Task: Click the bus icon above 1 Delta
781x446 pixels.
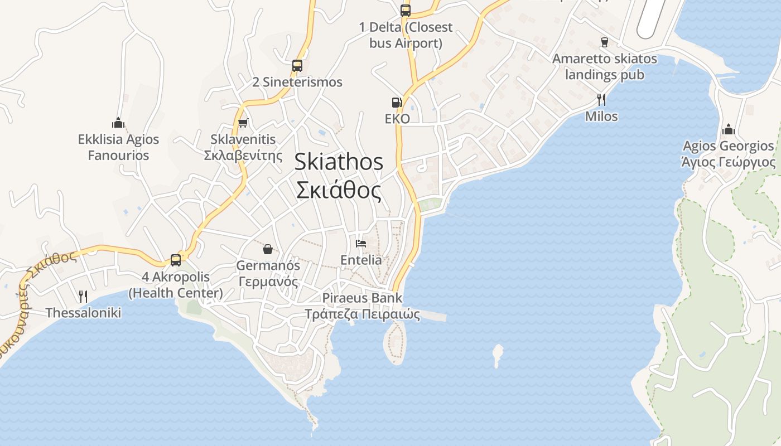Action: coord(406,10)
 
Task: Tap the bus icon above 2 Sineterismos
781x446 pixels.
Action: coord(297,65)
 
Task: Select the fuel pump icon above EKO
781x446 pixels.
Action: coord(397,102)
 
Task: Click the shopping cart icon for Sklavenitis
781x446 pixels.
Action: coord(243,123)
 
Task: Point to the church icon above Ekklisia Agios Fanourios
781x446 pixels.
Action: coord(118,123)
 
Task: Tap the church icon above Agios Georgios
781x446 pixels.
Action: coord(729,130)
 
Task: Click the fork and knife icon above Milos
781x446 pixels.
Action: coord(601,100)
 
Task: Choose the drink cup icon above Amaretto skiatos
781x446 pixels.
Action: coord(604,42)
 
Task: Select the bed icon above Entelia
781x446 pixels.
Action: coord(361,244)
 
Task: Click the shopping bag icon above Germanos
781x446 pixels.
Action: coord(268,249)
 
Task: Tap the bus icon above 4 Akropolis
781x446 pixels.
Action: coord(176,260)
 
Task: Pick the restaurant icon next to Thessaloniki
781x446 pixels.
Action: coord(83,296)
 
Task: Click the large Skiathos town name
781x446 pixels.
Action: coord(339,162)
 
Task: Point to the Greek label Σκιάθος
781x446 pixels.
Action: coord(339,191)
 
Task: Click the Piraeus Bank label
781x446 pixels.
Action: coord(362,298)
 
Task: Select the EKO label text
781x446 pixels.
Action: coord(397,119)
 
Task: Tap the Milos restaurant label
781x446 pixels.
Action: coord(601,117)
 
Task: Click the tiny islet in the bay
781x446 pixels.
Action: coord(497,355)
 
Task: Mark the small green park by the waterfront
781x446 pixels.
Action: coord(430,205)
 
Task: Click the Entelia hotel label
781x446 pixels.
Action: coord(361,260)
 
